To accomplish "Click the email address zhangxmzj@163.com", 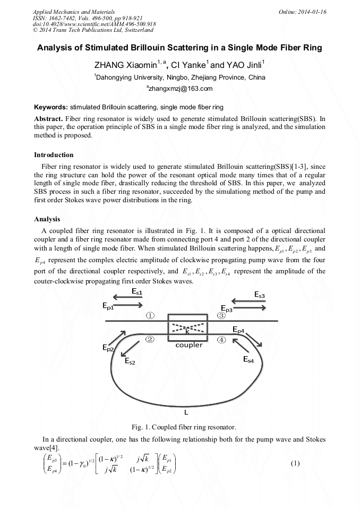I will tap(180, 89).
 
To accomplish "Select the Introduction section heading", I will tap(54, 155).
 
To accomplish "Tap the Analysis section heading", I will tap(47, 219).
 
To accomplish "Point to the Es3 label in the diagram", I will tap(263, 295).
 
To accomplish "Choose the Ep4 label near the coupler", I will tap(238, 331).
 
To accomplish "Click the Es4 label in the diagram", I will tap(248, 359).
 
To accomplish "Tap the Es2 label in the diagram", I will tap(130, 361).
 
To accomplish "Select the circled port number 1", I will tap(150, 315).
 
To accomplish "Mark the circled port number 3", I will tap(221, 315).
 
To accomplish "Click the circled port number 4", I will tap(221, 339).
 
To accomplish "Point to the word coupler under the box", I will tap(189, 345).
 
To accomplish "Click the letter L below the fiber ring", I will tap(185, 411).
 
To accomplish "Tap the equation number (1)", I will tap(296, 463).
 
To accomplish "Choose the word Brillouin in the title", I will tap(156, 48).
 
